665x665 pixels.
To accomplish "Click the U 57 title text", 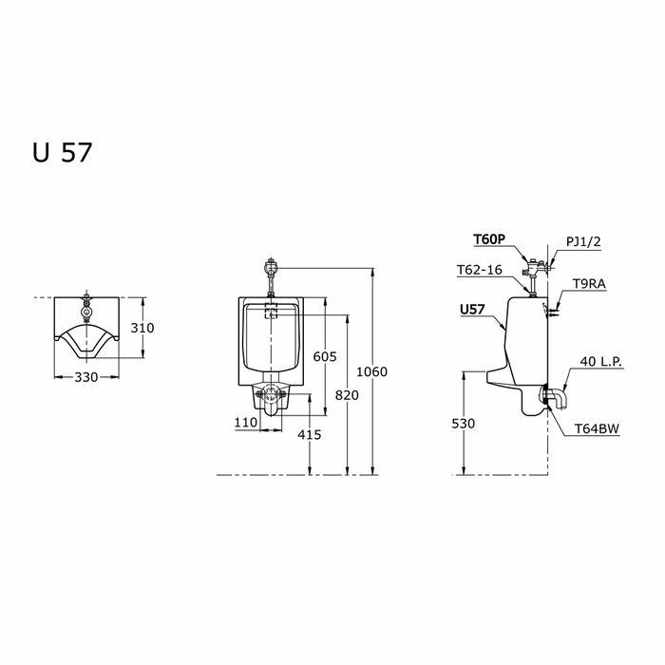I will click(x=62, y=153).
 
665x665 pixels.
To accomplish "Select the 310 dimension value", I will click(x=142, y=328).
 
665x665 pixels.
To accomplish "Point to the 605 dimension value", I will click(x=325, y=356).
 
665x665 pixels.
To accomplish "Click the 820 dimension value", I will click(x=348, y=393).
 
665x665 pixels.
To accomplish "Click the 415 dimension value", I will click(x=310, y=434).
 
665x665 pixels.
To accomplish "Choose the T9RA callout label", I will click(x=590, y=283).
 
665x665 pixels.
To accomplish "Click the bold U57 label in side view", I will click(x=472, y=310).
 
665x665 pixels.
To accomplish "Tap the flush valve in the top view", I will click(x=87, y=308).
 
